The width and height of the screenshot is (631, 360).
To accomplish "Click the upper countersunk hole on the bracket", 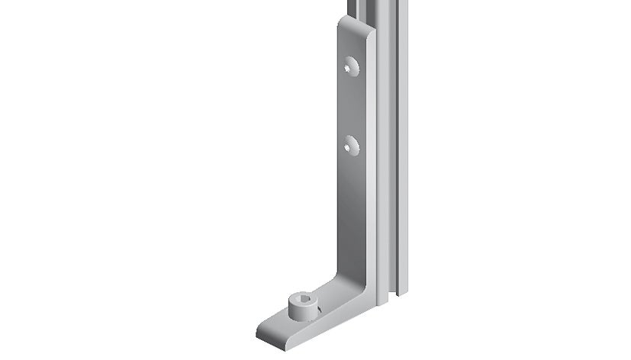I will [x=352, y=66].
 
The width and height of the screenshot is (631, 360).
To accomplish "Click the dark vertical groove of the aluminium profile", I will [x=394, y=153].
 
